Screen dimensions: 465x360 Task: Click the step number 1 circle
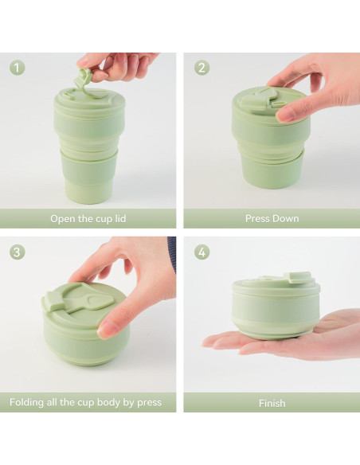point(18,68)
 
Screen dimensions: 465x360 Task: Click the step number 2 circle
point(202,68)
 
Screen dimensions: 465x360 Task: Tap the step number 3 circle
point(18,252)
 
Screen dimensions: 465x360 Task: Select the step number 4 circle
point(202,252)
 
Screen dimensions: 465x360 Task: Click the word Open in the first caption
point(64,218)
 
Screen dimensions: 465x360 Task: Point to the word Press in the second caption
point(257,218)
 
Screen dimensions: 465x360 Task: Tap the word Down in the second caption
point(286,218)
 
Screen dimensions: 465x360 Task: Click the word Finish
point(272,403)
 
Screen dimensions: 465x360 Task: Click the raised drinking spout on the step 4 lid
point(298,278)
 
